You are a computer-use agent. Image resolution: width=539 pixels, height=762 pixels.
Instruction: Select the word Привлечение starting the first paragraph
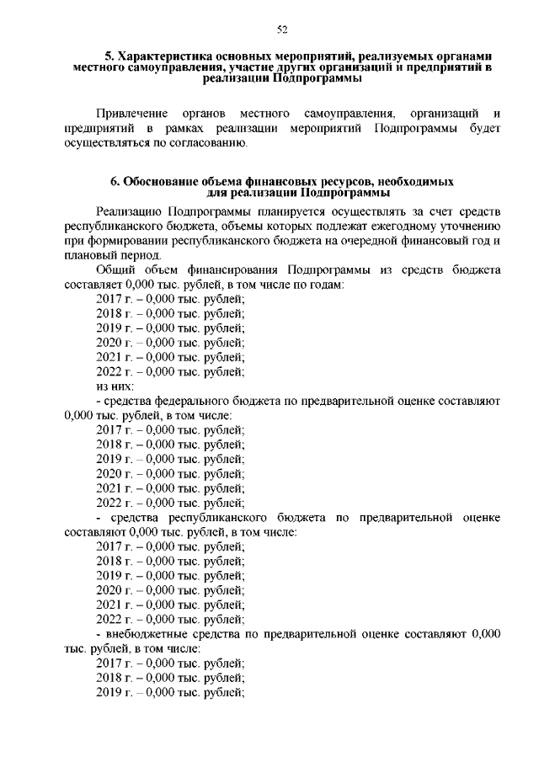[128, 113]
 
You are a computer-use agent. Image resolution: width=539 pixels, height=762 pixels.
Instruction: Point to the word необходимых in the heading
[417, 181]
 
